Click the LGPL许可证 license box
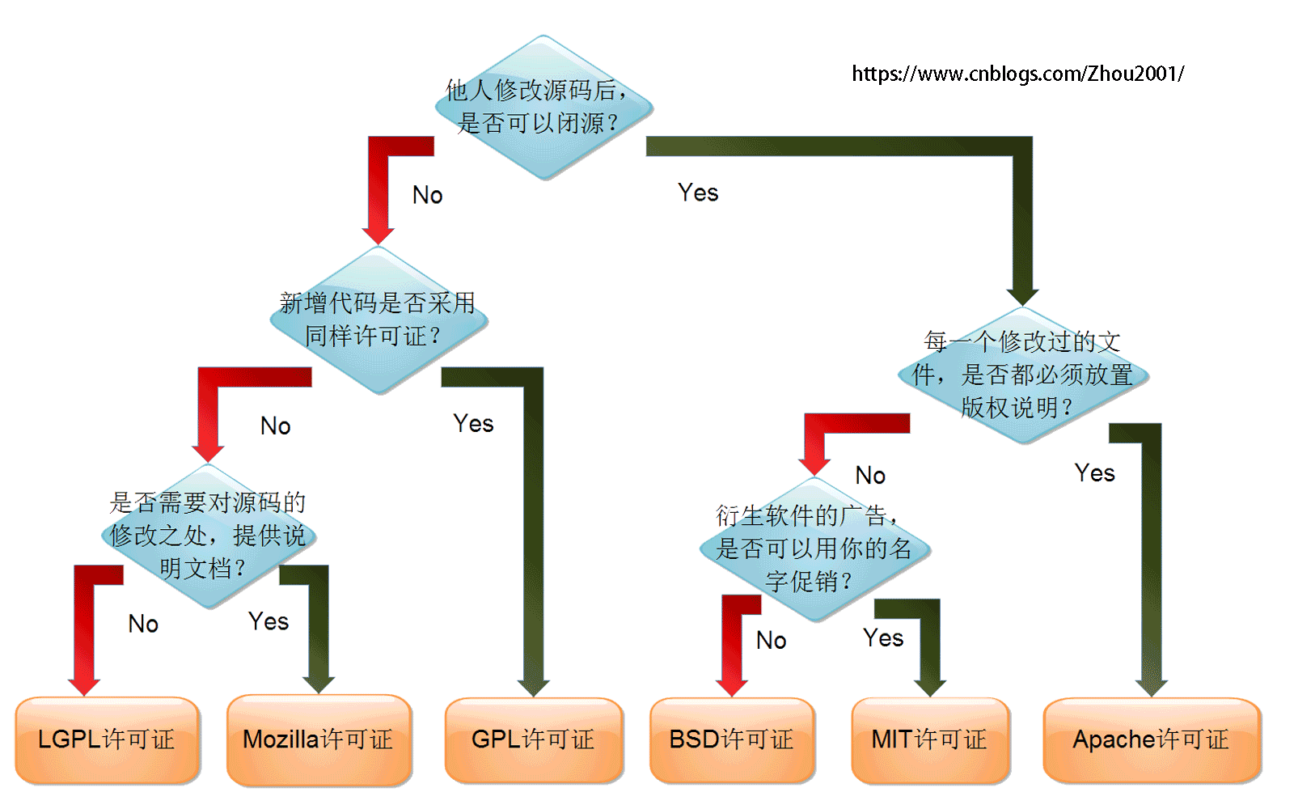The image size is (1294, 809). [x=107, y=739]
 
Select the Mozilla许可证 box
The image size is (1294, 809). [x=319, y=739]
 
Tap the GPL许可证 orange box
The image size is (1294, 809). [x=534, y=739]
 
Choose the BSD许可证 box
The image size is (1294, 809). [x=732, y=739]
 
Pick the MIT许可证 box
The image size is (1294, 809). [x=930, y=739]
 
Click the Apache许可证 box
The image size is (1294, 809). [x=1152, y=739]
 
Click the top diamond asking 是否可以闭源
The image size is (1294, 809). [x=543, y=108]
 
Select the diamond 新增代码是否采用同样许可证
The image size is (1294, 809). [x=378, y=320]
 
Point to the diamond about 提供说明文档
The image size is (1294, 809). [x=208, y=536]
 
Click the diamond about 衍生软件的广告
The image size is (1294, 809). [x=814, y=549]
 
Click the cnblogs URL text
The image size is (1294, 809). [x=1017, y=74]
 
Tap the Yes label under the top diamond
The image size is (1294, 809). [x=698, y=193]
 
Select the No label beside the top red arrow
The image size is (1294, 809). [x=427, y=195]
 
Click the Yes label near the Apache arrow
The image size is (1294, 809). [x=1094, y=473]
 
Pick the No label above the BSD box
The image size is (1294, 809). [x=771, y=641]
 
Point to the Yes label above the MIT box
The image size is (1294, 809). [x=882, y=638]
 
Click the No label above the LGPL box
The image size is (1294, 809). [x=143, y=624]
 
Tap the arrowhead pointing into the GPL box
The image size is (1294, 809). [x=534, y=688]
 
